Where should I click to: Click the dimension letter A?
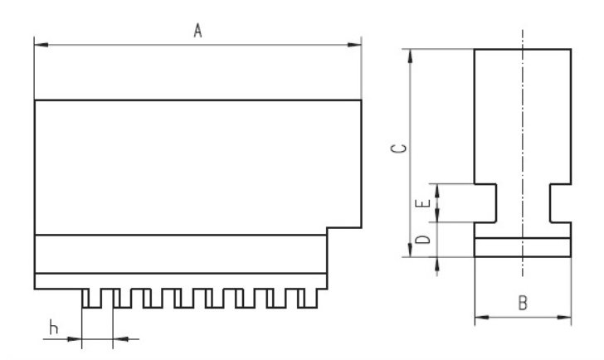(x=198, y=31)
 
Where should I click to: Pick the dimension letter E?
(x=422, y=203)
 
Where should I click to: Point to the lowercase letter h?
(x=54, y=328)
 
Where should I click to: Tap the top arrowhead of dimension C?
(x=412, y=54)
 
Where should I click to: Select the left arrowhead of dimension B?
(x=479, y=316)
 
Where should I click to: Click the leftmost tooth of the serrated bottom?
(x=89, y=298)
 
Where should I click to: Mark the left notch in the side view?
(x=485, y=203)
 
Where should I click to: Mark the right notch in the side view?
(x=560, y=203)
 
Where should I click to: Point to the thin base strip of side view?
(x=523, y=248)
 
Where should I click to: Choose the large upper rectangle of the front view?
(x=198, y=166)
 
